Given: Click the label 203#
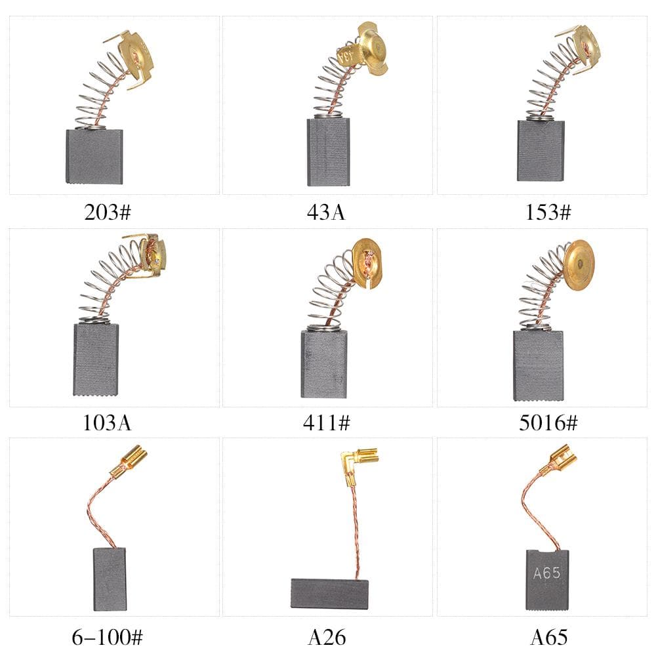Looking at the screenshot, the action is [x=108, y=212].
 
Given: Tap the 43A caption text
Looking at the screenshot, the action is [x=326, y=212].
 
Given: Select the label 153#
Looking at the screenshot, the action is [x=548, y=212].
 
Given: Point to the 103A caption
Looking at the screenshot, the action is [x=107, y=422].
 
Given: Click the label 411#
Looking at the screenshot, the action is [x=327, y=422].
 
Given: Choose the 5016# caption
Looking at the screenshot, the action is [x=548, y=422].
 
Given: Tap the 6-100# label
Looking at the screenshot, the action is [x=107, y=637].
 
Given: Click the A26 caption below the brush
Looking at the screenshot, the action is [x=327, y=637].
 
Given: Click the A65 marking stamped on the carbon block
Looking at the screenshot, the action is [x=547, y=573].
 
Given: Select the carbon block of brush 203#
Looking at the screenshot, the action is [x=94, y=157].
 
